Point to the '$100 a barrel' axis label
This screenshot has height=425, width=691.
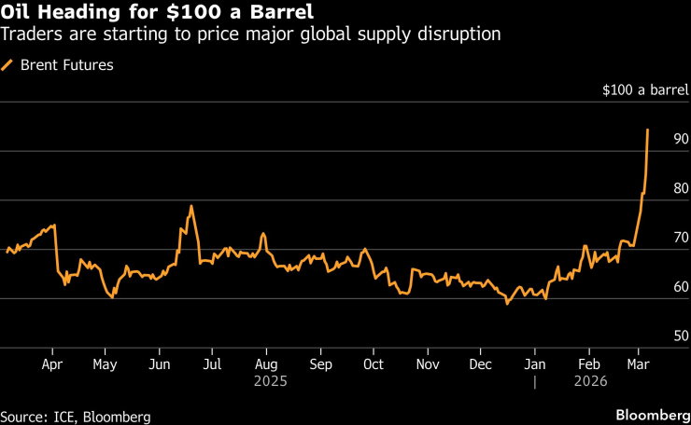[646, 90]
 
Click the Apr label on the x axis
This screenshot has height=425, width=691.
[53, 363]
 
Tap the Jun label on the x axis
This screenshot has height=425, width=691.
[160, 363]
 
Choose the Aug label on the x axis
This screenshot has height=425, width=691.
[266, 363]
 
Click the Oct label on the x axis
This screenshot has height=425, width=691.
[374, 363]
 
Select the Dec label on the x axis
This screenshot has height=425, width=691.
[481, 363]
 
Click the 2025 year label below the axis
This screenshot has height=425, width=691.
[266, 381]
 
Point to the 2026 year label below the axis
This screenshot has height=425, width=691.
[590, 381]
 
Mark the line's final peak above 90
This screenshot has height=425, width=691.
[647, 130]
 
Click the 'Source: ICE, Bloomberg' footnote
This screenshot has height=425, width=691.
[76, 416]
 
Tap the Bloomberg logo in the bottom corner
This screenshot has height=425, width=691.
[650, 413]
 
